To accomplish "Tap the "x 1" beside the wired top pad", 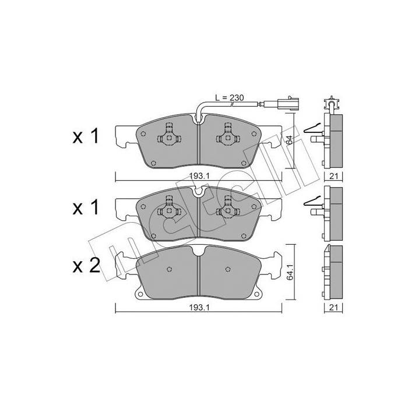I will [x=86, y=138].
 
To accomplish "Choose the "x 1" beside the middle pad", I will [x=86, y=207].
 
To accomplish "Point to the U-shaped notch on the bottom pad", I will [x=199, y=251].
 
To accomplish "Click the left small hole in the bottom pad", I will [x=169, y=269].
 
